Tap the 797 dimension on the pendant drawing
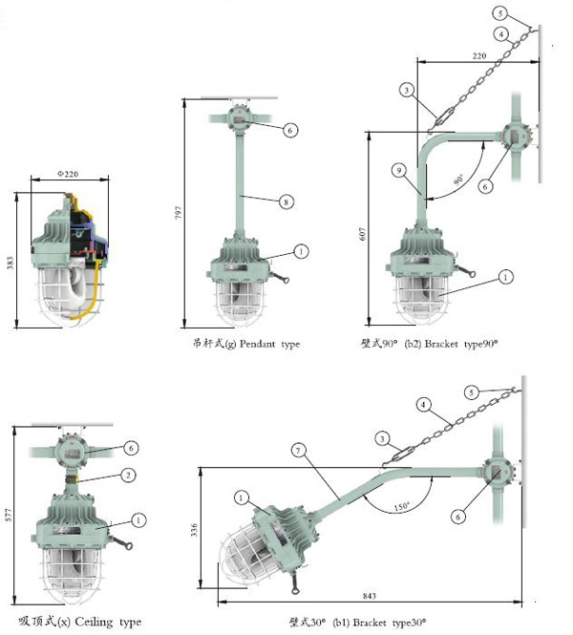(178, 213)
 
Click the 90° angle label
(457, 180)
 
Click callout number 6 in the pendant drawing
(290, 129)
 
